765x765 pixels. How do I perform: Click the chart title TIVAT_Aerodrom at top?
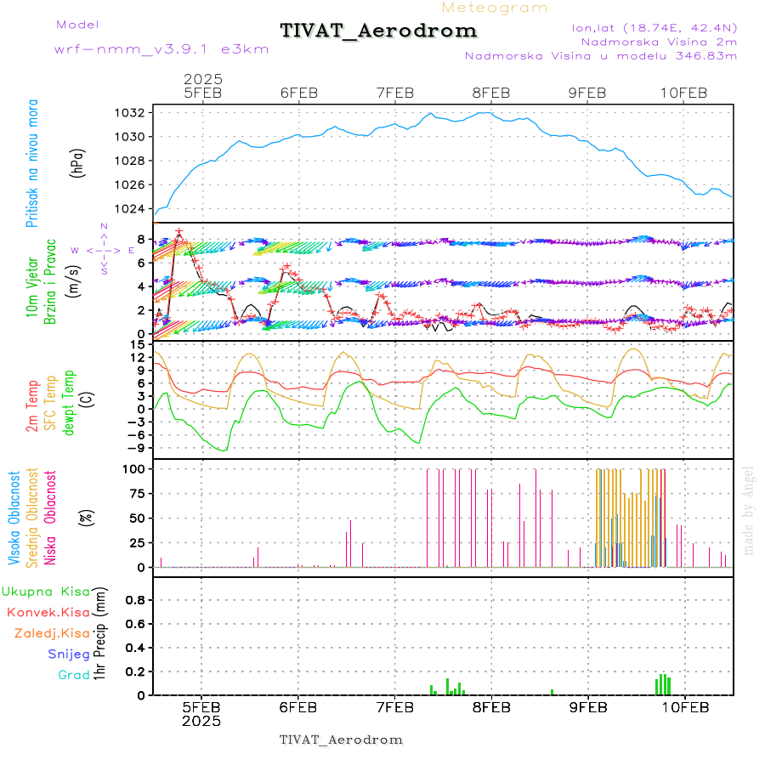378,31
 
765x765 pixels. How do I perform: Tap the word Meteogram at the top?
495,8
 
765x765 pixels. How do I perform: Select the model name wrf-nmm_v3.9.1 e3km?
161,48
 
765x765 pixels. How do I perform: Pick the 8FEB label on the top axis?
490,93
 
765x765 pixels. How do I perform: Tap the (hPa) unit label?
76,161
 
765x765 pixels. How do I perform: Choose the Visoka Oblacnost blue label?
14,517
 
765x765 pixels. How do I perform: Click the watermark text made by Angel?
749,510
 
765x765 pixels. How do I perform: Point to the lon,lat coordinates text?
654,27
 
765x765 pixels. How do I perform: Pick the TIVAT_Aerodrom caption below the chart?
341,739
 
